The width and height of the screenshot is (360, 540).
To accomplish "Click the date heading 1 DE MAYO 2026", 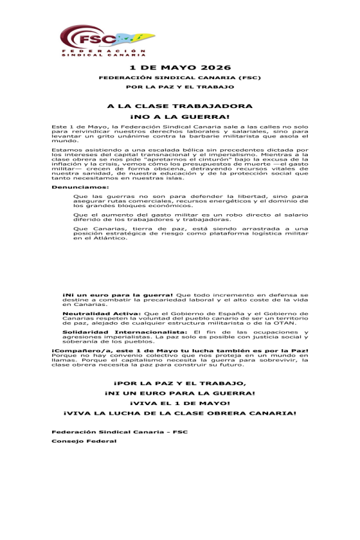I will (x=180, y=67).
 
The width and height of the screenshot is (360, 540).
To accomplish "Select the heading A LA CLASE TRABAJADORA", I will (x=180, y=106).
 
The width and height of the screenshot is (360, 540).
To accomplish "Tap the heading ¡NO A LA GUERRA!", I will (x=180, y=116).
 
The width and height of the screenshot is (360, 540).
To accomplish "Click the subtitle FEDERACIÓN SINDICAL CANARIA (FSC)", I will (x=180, y=78).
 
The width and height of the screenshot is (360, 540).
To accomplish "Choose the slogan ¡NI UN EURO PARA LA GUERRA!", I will (x=180, y=392).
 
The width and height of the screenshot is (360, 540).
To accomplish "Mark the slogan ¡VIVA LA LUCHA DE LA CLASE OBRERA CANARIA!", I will (x=180, y=413).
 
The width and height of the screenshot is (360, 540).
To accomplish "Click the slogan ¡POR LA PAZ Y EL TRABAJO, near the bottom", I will (x=180, y=382).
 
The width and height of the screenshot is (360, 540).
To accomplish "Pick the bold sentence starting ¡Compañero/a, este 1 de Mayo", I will (x=180, y=350).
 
